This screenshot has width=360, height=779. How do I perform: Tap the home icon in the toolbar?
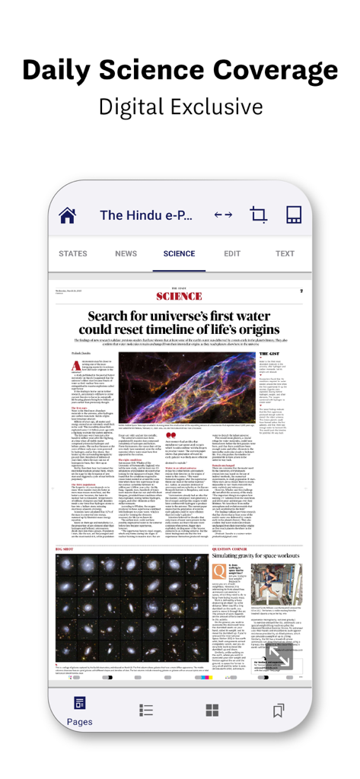[x=68, y=215]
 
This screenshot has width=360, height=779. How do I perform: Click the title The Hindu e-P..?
[x=148, y=215]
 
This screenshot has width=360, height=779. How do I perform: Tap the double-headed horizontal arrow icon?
[x=223, y=215]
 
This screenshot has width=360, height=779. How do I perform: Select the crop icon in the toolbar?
[x=259, y=215]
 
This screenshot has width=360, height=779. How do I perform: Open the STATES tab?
[x=73, y=254]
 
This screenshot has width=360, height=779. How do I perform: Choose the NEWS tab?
[x=126, y=254]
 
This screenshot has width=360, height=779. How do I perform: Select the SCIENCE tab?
[x=179, y=254]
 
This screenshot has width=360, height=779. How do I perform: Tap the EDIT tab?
[x=232, y=254]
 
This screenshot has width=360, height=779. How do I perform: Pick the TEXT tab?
[x=285, y=254]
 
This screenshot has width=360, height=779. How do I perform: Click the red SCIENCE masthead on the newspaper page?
[x=179, y=296]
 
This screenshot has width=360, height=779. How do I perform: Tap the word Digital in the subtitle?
[x=135, y=106]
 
